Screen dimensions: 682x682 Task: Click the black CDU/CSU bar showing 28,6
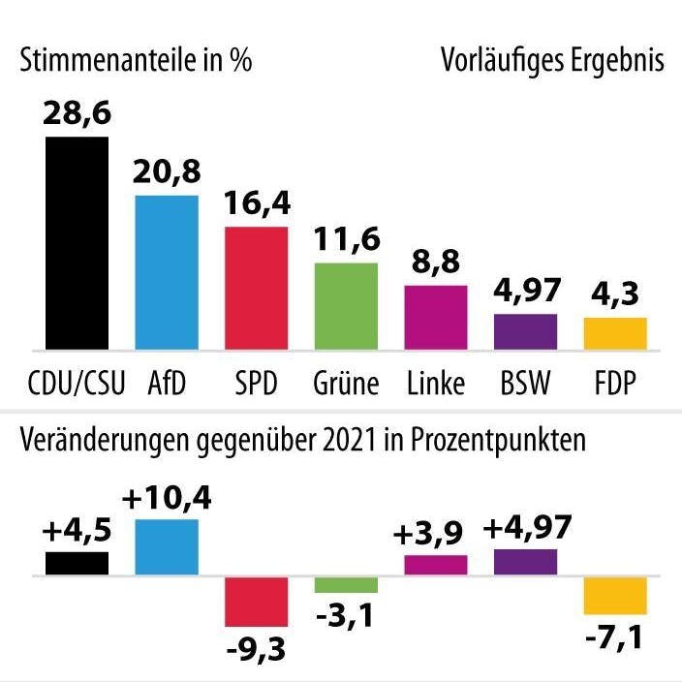pos(77,242)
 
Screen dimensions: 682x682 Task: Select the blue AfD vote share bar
pos(167,271)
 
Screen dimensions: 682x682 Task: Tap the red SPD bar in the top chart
pos(256,288)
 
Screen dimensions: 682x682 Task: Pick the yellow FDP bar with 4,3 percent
pos(614,333)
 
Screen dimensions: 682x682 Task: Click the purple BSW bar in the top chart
pos(525,331)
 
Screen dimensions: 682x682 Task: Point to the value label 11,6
pos(346,237)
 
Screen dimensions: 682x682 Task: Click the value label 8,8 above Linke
pos(435,262)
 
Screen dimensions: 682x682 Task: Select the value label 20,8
pos(167,171)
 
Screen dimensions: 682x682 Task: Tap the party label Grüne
pos(346,384)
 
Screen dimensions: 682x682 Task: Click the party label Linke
pos(435,384)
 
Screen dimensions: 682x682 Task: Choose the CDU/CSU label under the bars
pos(77,384)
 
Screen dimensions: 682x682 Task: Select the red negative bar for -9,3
pos(256,602)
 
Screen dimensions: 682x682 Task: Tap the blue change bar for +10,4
pos(167,547)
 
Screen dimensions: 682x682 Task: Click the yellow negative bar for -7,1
pos(614,595)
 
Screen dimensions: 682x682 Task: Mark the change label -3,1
pos(346,614)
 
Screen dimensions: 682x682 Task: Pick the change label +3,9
pos(435,533)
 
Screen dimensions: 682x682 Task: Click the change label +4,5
pos(77,531)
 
